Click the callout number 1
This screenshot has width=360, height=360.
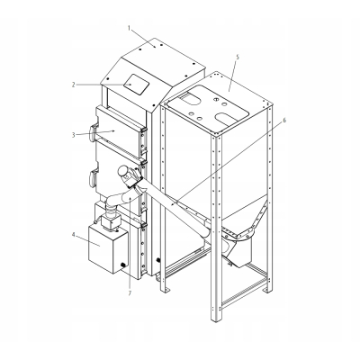129,28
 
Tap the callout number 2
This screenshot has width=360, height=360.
73,85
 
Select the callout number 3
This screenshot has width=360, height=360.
73,135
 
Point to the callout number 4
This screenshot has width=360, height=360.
73,235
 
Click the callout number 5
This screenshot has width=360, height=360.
238,57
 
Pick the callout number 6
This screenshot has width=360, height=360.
284,121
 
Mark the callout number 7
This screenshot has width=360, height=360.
130,293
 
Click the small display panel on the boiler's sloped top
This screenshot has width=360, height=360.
137,84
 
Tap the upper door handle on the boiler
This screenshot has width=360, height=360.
94,132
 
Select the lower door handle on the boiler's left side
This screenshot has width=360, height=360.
94,178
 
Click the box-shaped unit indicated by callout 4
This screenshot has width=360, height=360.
108,249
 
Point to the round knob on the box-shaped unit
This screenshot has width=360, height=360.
122,265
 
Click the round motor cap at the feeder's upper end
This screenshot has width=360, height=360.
123,171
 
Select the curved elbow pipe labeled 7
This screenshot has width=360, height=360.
119,201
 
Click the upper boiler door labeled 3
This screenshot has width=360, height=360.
119,132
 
